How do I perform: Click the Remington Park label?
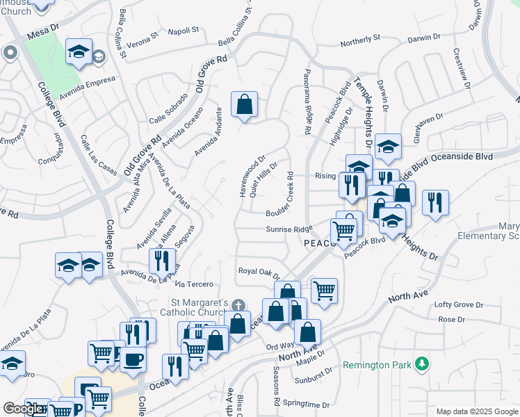pyautogui.click(x=377, y=364)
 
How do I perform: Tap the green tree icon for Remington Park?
pyautogui.click(x=421, y=363)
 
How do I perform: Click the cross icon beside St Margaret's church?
pyautogui.click(x=238, y=305)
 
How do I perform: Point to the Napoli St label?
pyautogui.click(x=185, y=30)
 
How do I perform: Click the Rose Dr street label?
pyautogui.click(x=451, y=319)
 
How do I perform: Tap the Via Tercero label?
pyautogui.click(x=194, y=284)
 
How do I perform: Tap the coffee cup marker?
pyautogui.click(x=133, y=359)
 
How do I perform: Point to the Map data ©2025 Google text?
pyautogui.click(x=476, y=411)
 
